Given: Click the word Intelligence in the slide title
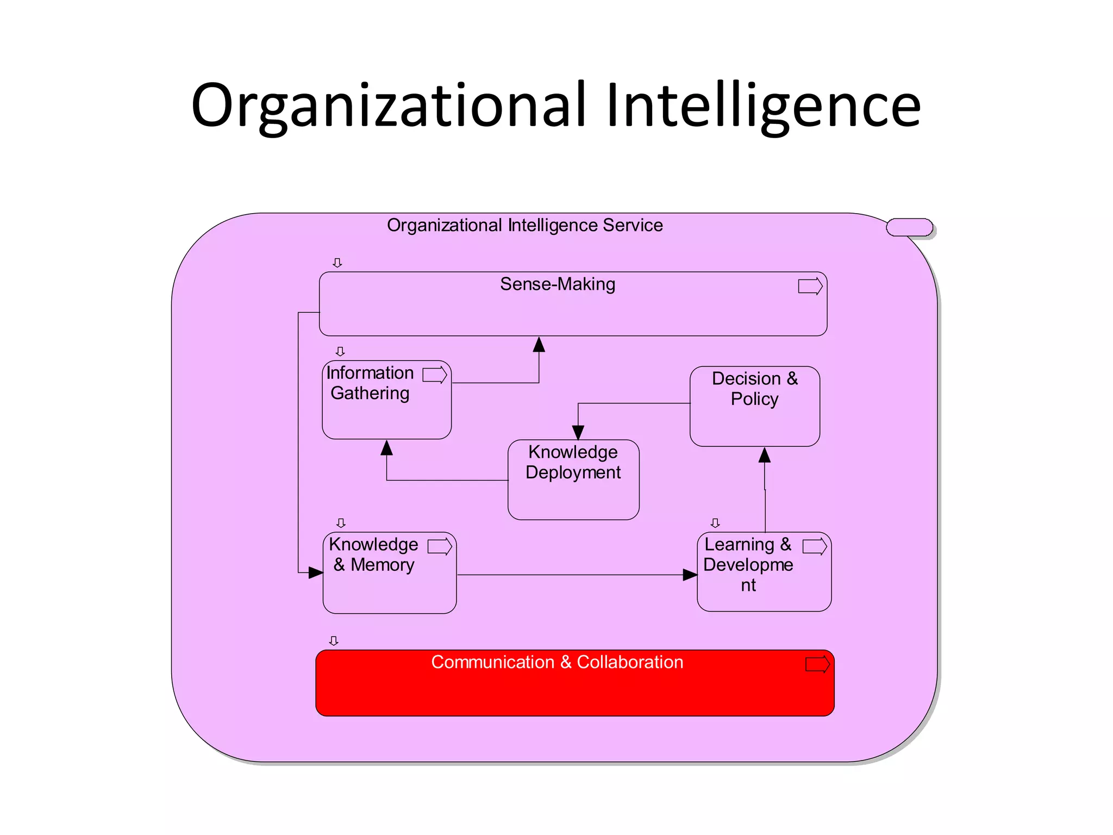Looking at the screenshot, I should pyautogui.click(x=763, y=106).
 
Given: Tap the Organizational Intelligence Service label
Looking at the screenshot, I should pyautogui.click(x=524, y=225).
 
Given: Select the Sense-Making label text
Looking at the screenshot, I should pyautogui.click(x=558, y=284).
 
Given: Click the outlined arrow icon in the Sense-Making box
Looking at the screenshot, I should pyautogui.click(x=810, y=286).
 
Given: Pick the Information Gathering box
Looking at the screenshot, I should pyautogui.click(x=386, y=408).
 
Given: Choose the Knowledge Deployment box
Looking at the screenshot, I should pyautogui.click(x=573, y=489).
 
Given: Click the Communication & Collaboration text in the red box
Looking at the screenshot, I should pyautogui.click(x=557, y=662).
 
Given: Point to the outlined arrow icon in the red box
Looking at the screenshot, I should pyautogui.click(x=817, y=664).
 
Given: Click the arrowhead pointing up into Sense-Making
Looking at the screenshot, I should pyautogui.click(x=539, y=344).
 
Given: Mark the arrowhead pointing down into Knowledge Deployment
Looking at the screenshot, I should pyautogui.click(x=578, y=432).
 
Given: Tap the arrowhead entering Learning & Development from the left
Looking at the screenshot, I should pyautogui.click(x=690, y=575).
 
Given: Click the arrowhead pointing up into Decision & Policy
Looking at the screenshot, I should pyautogui.click(x=765, y=455).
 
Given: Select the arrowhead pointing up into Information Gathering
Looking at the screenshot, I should pyautogui.click(x=386, y=447).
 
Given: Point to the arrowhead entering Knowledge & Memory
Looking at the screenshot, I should pyautogui.click(x=316, y=572).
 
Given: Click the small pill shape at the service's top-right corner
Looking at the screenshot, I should pyautogui.click(x=909, y=227).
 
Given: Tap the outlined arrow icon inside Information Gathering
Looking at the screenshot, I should pyautogui.click(x=434, y=375).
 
